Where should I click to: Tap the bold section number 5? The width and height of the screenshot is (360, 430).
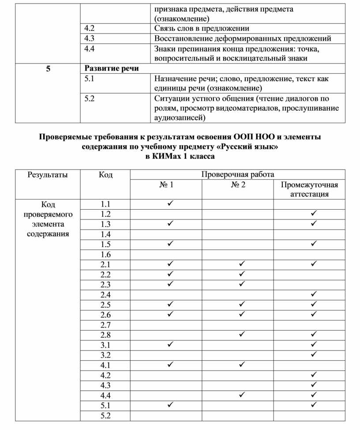[47, 68]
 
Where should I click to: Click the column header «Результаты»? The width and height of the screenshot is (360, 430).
[48, 174]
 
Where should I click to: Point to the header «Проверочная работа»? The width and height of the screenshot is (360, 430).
[238, 174]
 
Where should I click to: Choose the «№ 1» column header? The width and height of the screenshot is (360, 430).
[166, 185]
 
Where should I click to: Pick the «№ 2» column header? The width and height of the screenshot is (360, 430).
[238, 185]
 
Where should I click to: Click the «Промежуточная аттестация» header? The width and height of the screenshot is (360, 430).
[309, 189]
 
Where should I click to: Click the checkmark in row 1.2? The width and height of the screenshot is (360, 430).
[314, 214]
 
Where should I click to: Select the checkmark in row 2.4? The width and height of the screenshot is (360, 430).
[314, 294]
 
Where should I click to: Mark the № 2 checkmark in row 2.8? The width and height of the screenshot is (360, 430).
[242, 335]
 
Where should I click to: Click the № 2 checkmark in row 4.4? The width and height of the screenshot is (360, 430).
[242, 395]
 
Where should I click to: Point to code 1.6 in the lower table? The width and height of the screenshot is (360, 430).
[105, 254]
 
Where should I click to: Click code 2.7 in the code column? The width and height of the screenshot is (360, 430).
[105, 325]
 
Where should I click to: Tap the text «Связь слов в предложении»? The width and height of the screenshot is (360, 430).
[202, 28]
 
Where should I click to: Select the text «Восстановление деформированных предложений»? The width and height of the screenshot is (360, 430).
[243, 38]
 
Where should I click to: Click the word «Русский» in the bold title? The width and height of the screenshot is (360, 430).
[234, 147]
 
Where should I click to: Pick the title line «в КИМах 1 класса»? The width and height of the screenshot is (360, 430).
[180, 156]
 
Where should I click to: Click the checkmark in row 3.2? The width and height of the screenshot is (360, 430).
[314, 355]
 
